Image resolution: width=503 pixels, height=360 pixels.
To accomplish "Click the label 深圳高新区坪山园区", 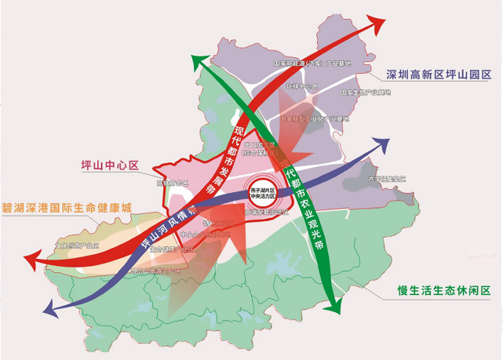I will (x=438, y=75).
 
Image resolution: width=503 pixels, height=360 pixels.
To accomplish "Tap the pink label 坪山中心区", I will (x=109, y=165).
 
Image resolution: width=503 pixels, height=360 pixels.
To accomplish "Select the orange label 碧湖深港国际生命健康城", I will (x=67, y=209).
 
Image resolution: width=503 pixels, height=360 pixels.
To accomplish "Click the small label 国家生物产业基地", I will (x=365, y=93).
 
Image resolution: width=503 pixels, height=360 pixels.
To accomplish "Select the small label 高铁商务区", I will (x=173, y=183).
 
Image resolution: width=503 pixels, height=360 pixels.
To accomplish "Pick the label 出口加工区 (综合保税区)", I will (x=260, y=149).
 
